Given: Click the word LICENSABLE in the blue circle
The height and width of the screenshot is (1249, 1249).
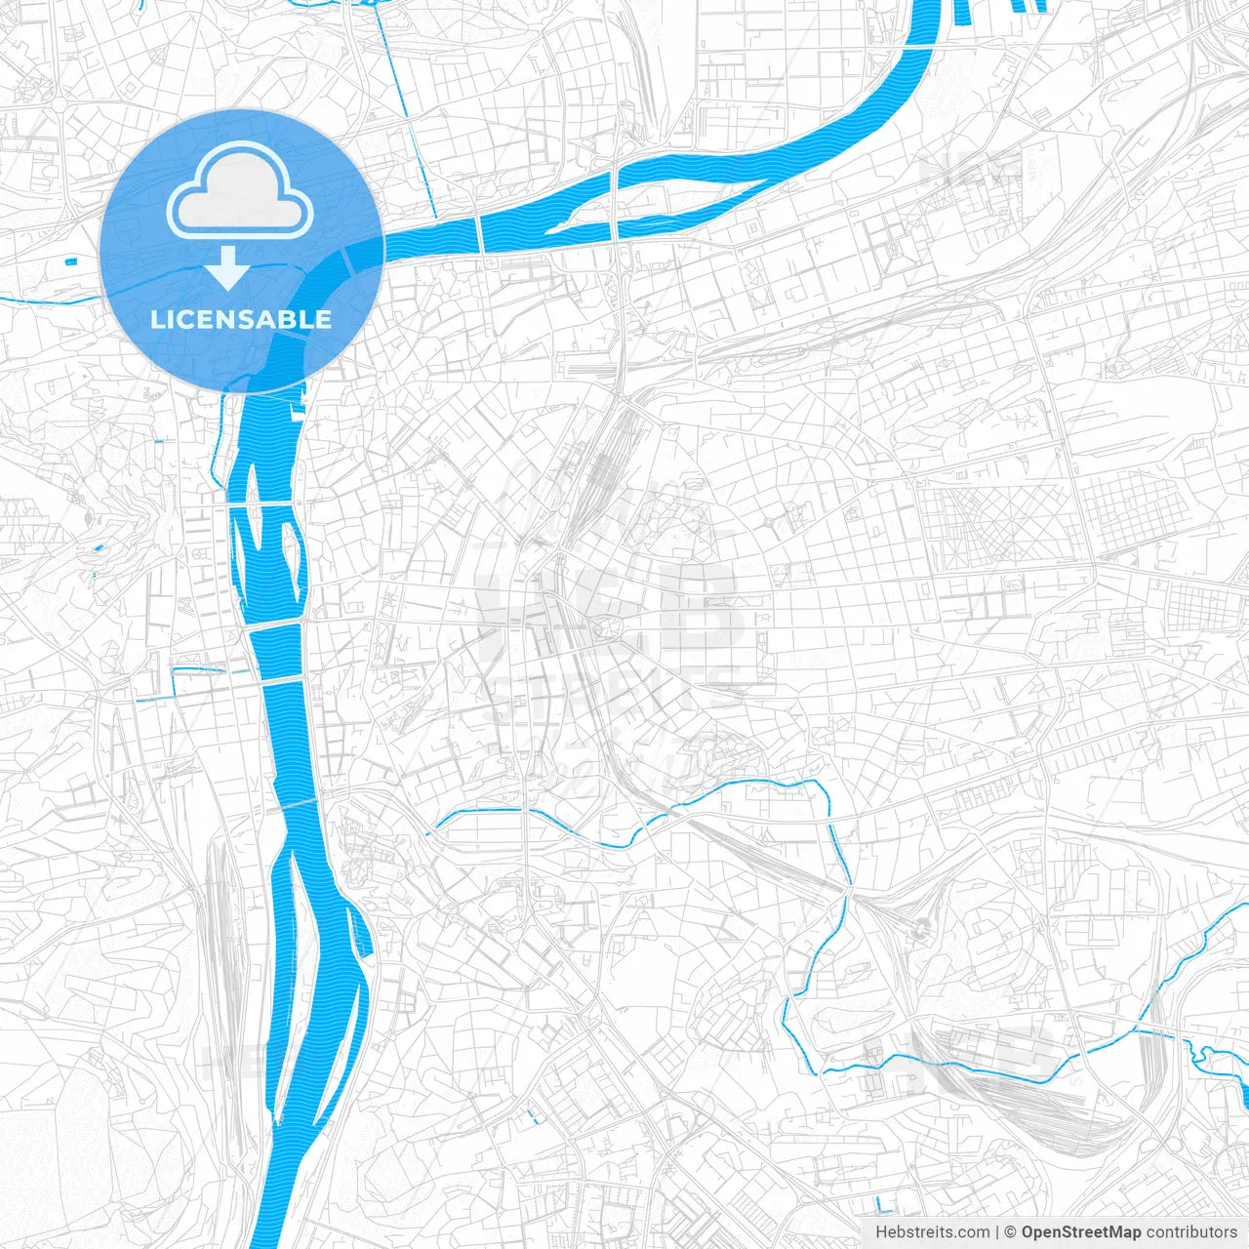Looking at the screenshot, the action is [x=241, y=319].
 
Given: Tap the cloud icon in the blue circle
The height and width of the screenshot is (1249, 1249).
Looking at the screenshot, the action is [x=240, y=193].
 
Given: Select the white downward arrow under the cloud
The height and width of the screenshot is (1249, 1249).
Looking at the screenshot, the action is [x=228, y=268].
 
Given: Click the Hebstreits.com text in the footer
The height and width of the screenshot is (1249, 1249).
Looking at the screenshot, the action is [x=932, y=1232].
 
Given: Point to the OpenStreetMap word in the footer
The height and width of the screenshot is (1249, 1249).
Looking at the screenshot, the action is [x=1080, y=1232].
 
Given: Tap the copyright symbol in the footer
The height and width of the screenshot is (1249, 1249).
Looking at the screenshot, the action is [x=1011, y=1232].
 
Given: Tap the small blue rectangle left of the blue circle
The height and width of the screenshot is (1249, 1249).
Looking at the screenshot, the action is [x=69, y=261].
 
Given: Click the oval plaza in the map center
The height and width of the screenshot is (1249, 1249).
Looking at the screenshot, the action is [x=603, y=629].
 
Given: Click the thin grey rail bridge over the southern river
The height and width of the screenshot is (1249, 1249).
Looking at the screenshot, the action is [x=302, y=802].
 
